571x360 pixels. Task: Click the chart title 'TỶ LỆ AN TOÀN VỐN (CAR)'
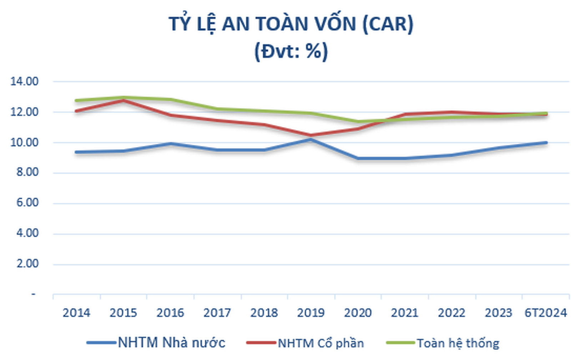(x=291, y=24)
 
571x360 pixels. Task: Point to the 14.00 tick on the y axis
(x=24, y=81)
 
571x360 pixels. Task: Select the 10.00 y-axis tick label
(x=24, y=142)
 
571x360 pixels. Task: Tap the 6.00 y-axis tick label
(x=27, y=203)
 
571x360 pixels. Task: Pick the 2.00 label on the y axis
(x=27, y=264)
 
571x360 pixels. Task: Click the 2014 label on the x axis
(x=76, y=313)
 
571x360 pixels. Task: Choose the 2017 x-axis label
(x=217, y=313)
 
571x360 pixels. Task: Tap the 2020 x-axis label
(x=358, y=313)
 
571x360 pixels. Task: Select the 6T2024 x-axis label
(x=545, y=313)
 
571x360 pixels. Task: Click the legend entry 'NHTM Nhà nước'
(x=171, y=342)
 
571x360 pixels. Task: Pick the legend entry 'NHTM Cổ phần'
(x=320, y=343)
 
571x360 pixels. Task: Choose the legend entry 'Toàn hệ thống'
(x=458, y=343)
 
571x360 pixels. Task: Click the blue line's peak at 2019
(x=311, y=139)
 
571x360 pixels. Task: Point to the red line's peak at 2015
(x=123, y=100)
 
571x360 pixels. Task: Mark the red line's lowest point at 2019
(x=311, y=135)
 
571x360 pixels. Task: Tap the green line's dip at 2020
(x=358, y=121)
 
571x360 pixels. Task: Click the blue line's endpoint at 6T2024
(x=546, y=142)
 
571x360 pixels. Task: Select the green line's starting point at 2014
(x=76, y=100)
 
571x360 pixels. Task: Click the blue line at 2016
(x=170, y=144)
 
